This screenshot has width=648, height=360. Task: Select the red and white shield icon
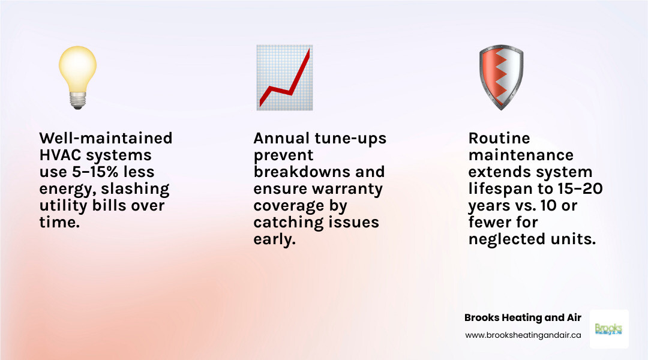[x=500, y=77]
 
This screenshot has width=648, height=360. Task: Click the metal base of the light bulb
[x=77, y=102]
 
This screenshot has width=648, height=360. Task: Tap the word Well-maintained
[x=106, y=138]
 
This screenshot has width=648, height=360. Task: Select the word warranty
[x=350, y=188]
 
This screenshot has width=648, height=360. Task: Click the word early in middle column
[x=274, y=239]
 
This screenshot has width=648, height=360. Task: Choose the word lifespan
[x=498, y=188]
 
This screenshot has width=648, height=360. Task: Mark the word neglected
[x=508, y=239]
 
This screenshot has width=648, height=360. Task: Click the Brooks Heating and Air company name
[x=523, y=317]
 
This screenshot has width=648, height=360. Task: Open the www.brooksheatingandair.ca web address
[x=523, y=336]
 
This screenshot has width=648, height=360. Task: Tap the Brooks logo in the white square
[x=608, y=329]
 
